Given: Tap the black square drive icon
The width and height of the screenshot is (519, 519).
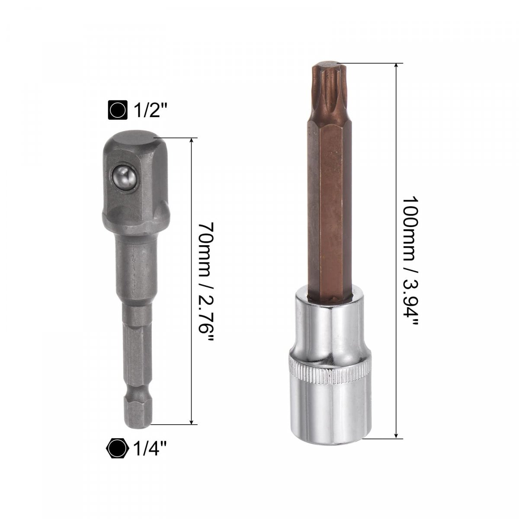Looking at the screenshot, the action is click(x=118, y=110).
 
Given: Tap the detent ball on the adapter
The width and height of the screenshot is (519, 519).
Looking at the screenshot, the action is click(x=124, y=179).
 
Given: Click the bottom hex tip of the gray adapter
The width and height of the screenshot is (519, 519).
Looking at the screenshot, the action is click(x=137, y=411).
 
